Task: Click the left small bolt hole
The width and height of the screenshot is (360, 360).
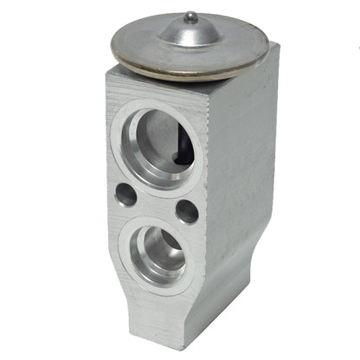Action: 126,194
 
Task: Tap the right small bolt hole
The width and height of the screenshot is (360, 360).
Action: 186,210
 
